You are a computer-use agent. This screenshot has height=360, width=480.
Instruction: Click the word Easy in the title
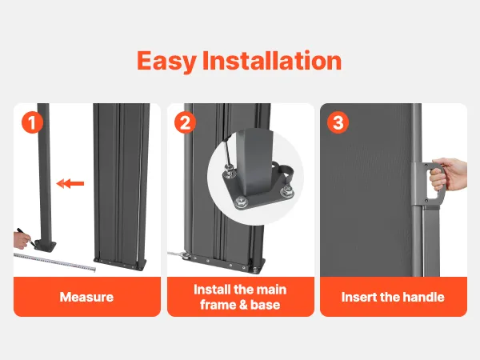[x=166, y=62]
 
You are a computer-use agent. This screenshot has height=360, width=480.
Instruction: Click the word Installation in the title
[x=272, y=60]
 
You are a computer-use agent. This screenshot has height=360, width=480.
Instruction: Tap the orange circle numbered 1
[x=32, y=122]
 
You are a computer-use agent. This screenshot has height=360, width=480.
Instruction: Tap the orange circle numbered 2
[x=185, y=122]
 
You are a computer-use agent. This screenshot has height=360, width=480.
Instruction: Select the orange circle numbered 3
[x=338, y=122]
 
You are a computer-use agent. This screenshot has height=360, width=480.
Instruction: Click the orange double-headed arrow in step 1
[x=70, y=184]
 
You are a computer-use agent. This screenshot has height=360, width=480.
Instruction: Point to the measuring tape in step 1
[x=55, y=262]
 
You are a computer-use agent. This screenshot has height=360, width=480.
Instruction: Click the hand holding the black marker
[x=22, y=240]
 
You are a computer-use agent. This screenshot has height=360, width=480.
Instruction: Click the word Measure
[x=86, y=297]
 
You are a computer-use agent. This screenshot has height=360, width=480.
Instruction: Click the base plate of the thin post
[x=46, y=246]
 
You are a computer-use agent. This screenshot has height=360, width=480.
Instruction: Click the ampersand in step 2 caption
[x=238, y=305]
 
